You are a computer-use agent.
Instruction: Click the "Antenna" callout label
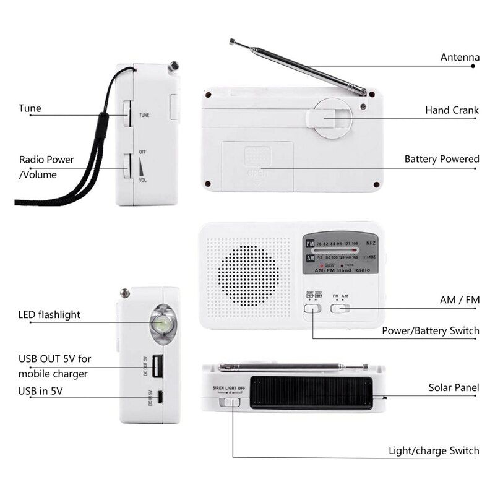(x=460, y=58)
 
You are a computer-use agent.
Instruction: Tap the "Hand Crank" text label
(x=452, y=110)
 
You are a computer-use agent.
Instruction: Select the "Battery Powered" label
(x=442, y=159)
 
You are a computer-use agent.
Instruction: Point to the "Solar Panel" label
(x=454, y=388)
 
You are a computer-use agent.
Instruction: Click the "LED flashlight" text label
(x=49, y=315)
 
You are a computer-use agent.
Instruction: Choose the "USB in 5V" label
(x=40, y=390)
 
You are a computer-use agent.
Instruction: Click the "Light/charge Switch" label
(x=434, y=450)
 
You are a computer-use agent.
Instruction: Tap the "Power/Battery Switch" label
(x=430, y=330)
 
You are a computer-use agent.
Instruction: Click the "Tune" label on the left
(x=30, y=108)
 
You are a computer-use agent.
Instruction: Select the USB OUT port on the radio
(x=158, y=366)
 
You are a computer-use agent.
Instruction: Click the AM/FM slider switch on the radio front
(x=340, y=308)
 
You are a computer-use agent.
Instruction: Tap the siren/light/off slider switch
(x=231, y=402)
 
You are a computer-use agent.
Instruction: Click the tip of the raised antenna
(x=231, y=42)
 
